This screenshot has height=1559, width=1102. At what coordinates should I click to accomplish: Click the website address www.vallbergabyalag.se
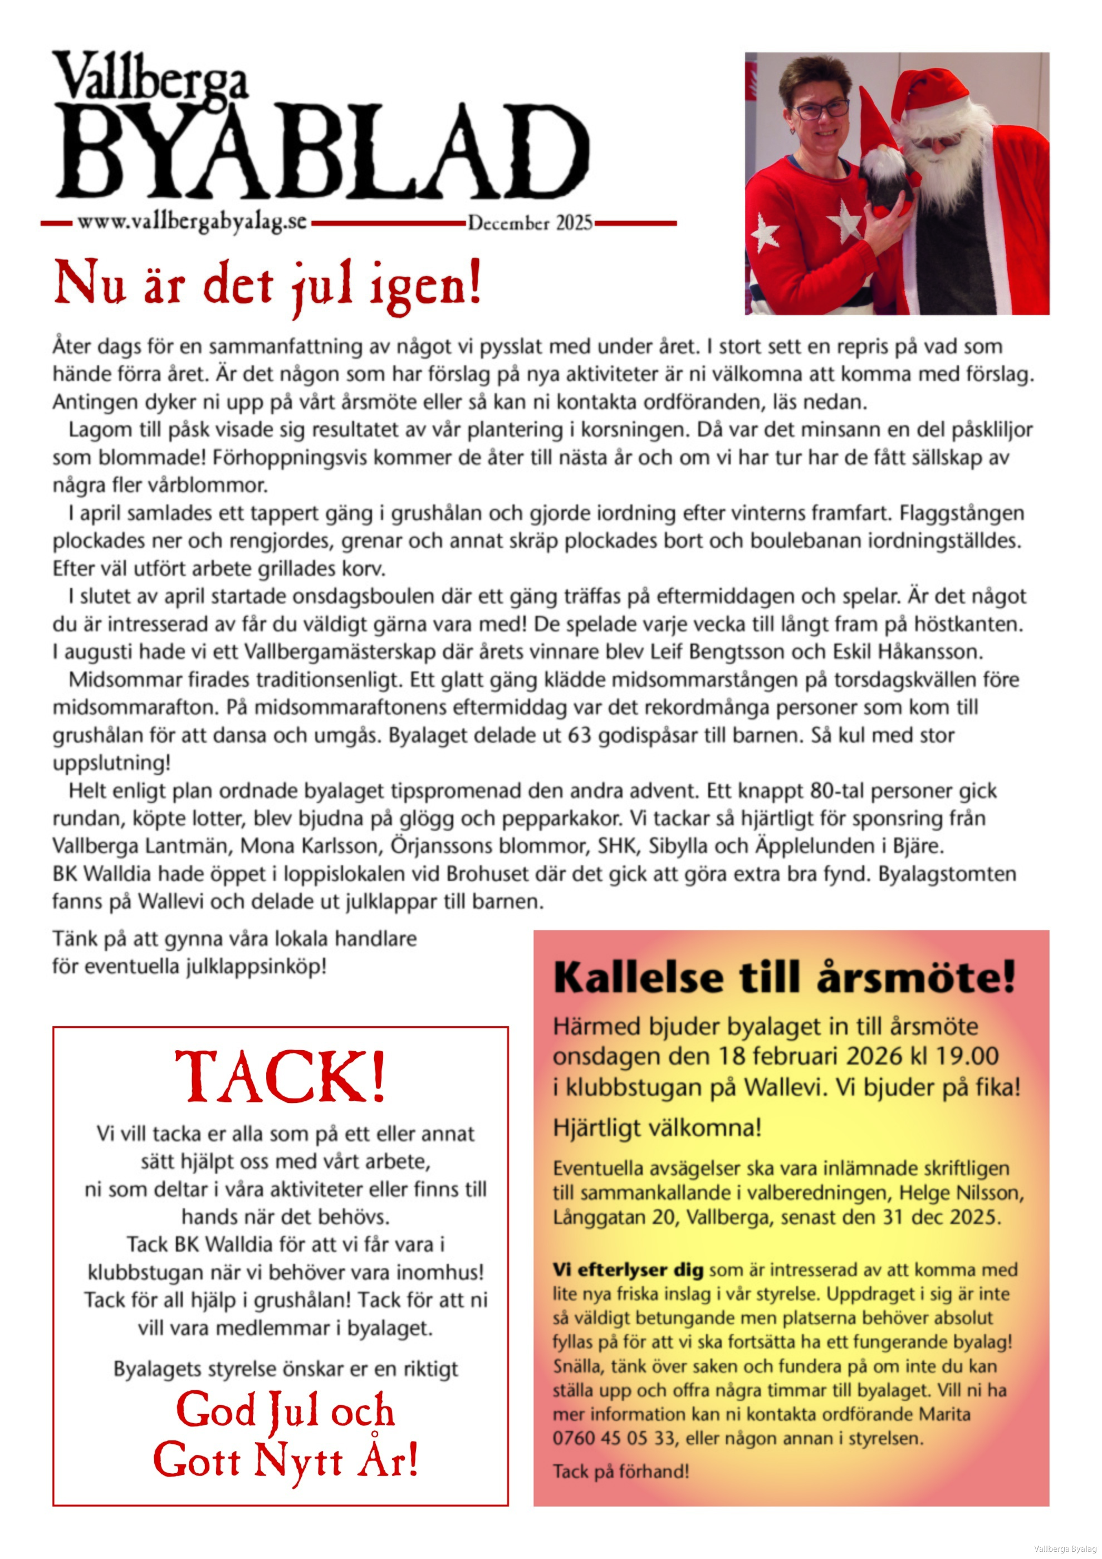pyautogui.click(x=192, y=222)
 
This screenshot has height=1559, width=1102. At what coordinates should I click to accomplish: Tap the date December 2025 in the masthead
pyautogui.click(x=530, y=223)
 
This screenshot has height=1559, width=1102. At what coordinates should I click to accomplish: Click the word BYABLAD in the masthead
pyautogui.click(x=322, y=151)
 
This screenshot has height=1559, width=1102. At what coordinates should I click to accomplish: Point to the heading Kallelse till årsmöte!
pyautogui.click(x=784, y=978)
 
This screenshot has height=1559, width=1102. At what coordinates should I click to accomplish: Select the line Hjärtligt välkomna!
pyautogui.click(x=657, y=1128)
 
